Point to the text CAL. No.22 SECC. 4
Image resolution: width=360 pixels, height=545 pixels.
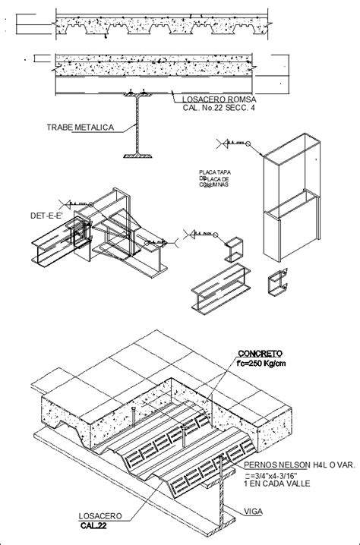pos(219,109)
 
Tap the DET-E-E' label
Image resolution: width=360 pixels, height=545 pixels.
pos(45,216)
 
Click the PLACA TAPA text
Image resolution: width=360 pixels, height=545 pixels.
pos(215,172)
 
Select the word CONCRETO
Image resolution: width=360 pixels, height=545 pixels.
pos(261,353)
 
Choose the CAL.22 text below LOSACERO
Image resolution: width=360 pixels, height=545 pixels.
pos(93,525)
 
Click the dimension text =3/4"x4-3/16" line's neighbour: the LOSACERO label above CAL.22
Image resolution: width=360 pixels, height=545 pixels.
pos(92,515)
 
